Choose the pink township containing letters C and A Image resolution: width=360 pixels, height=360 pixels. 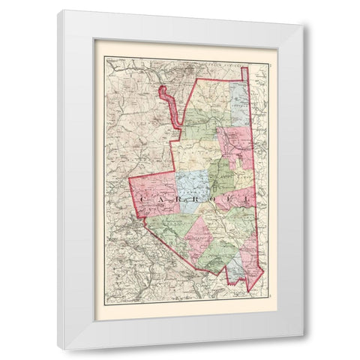[x=154, y=193]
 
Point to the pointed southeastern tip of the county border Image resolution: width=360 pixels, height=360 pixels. [x=250, y=289]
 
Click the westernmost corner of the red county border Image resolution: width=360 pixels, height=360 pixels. [x=130, y=181]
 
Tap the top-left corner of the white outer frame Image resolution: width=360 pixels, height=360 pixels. [x=58, y=10]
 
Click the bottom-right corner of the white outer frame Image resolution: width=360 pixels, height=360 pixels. [x=304, y=349]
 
